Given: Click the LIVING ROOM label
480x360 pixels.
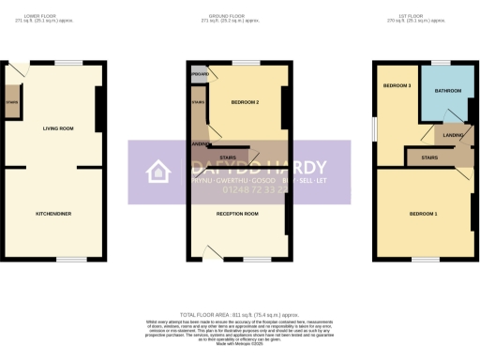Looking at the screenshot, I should pyautogui.click(x=57, y=127).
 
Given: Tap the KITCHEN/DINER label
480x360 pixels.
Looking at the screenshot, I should pyautogui.click(x=53, y=214).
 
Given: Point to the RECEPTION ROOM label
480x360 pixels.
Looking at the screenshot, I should pyautogui.click(x=238, y=214).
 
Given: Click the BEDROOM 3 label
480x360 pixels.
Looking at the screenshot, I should pyautogui.click(x=396, y=85).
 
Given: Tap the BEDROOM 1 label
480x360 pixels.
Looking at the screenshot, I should pyautogui.click(x=423, y=214).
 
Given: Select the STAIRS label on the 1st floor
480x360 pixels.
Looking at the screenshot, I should pyautogui.click(x=431, y=157).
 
